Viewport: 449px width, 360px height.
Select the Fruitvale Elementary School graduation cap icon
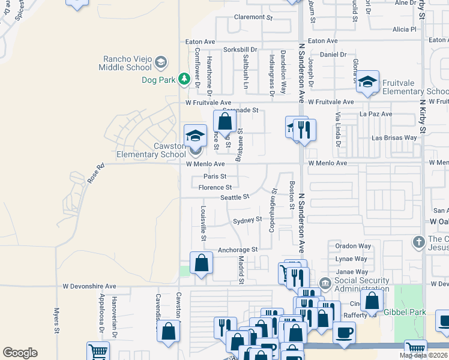click(x=367, y=83)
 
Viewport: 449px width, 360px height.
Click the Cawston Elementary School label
click(x=151, y=150)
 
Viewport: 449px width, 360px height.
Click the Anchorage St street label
click(x=238, y=250)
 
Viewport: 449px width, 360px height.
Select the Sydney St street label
click(x=247, y=220)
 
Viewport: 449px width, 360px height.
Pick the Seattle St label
click(x=235, y=197)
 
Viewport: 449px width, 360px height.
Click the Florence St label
click(x=215, y=188)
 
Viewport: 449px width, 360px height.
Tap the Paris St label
click(x=214, y=176)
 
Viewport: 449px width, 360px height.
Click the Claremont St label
click(x=253, y=17)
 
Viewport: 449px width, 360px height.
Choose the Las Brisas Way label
click(x=394, y=137)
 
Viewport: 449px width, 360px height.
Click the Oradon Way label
click(x=353, y=246)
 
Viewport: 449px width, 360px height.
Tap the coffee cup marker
click(x=344, y=332)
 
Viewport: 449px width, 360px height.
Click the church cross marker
click(x=418, y=242)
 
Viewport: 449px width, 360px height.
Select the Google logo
click(x=20, y=353)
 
